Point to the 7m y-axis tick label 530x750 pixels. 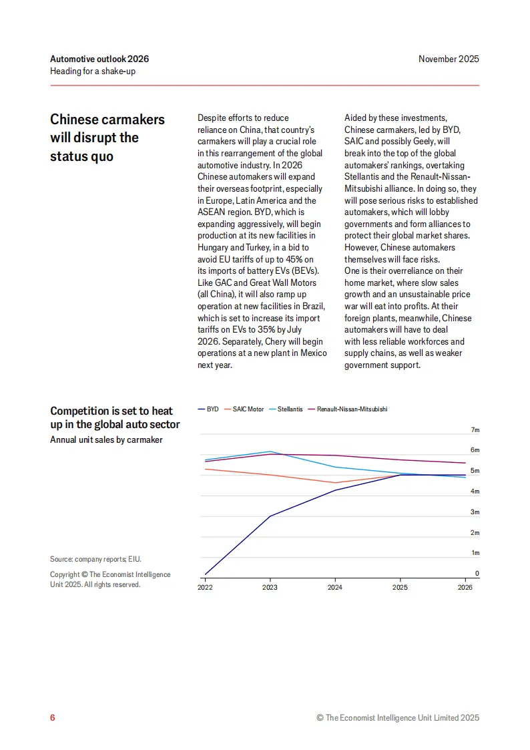point(475,430)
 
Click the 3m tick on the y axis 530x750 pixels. point(475,512)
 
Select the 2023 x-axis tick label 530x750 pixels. point(270,588)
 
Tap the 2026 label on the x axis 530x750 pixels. point(465,588)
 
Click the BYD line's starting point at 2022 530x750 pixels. point(205,574)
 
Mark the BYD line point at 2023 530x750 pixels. point(270,516)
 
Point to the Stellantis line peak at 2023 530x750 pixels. point(270,451)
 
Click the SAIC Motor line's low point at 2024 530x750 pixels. point(335,483)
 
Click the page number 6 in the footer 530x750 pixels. point(53,718)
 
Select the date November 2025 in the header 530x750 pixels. point(449,59)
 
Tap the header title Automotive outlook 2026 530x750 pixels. point(99,59)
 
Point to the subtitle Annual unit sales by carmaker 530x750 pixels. point(106,439)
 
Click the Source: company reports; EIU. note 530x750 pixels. point(95,559)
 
